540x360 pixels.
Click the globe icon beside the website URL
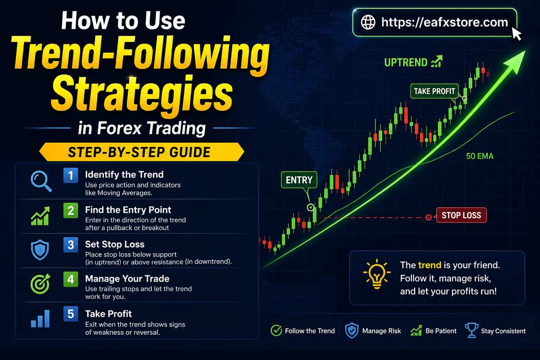(x=368, y=22)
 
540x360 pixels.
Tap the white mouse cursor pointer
(x=516, y=34)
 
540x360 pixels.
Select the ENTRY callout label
(x=299, y=180)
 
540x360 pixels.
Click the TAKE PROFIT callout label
(x=434, y=91)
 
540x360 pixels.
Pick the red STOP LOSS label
(x=461, y=215)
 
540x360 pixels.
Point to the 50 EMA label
(x=480, y=156)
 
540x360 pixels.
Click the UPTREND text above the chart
(x=406, y=63)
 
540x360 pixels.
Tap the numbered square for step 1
(x=71, y=175)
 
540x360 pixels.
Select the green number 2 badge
(x=71, y=210)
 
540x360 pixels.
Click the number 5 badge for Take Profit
(x=71, y=314)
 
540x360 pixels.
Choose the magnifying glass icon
(x=41, y=181)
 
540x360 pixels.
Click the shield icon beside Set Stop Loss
(x=40, y=250)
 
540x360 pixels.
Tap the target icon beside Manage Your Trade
(x=40, y=284)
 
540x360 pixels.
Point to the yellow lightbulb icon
(x=377, y=274)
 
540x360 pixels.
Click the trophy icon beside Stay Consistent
(x=471, y=330)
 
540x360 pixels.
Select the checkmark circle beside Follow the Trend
(x=276, y=330)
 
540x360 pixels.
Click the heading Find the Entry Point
(x=128, y=210)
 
